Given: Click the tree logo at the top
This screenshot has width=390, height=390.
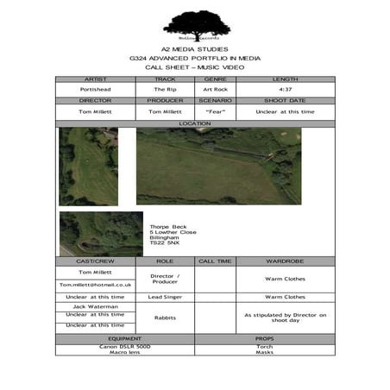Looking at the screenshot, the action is coord(196,24).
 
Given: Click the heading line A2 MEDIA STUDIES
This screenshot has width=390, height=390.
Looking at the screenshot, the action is coord(196,50).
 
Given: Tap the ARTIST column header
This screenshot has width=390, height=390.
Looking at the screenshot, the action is coord(95,79).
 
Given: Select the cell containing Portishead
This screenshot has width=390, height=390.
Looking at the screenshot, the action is coord(95,89).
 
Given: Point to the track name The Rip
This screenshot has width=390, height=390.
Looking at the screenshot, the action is coord(165,89).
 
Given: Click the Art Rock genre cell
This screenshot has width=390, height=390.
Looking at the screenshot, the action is coord(215,89).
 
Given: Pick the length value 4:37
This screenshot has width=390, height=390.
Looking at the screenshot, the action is coord(285,89).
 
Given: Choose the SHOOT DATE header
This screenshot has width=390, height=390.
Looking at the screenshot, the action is coord(285,101).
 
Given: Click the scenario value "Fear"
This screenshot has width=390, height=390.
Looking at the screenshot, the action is coord(215,111).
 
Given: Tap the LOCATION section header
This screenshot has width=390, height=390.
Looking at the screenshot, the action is coord(195,123).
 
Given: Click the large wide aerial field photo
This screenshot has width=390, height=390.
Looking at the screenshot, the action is coord(218,166).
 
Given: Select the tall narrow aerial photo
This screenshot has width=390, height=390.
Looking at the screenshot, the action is coord(88,167).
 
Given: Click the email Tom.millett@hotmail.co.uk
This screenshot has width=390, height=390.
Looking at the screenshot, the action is coord(95,284).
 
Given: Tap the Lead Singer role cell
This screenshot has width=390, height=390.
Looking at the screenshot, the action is coord(165,297).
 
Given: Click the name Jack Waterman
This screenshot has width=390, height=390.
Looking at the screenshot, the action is coord(95,305).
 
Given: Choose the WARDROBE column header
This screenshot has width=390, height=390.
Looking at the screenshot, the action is coord(285,261).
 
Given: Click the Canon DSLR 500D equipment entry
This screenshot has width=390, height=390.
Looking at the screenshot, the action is coord(125,346).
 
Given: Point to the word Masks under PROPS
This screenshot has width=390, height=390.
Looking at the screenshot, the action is coord(265,352).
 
